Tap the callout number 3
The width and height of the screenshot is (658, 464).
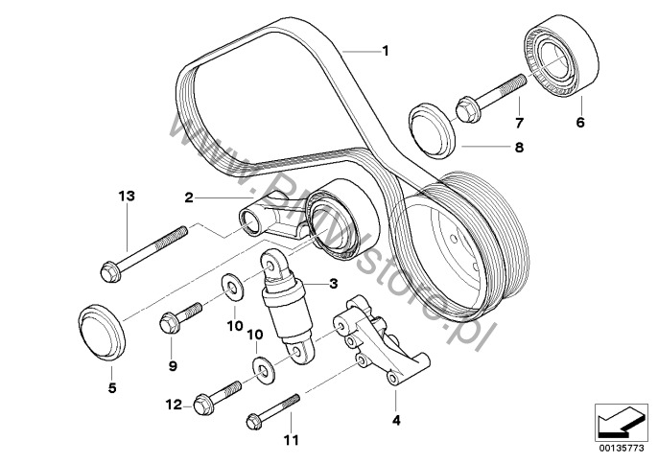pos(334,284)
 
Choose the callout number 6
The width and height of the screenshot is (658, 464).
pos(580,123)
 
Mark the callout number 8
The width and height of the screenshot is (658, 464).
pos(520,148)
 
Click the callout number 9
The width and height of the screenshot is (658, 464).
pos(174,365)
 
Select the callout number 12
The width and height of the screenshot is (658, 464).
pos(173,406)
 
